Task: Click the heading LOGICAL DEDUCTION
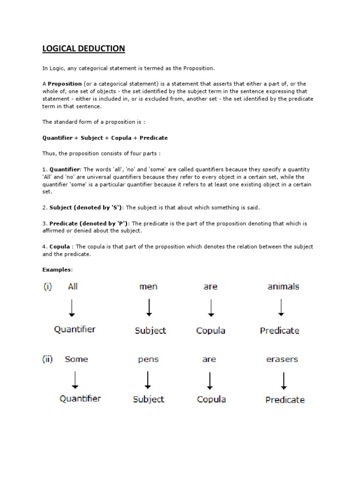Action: (x=84, y=49)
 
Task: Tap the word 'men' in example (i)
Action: (x=149, y=287)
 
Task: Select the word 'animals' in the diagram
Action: (x=283, y=286)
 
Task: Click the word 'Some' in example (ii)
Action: (x=76, y=360)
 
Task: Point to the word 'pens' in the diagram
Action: (x=148, y=360)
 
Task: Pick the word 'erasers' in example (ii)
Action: (x=282, y=360)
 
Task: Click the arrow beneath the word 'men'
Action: (x=149, y=307)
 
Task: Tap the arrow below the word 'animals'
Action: (x=280, y=307)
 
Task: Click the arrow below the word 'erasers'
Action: (x=284, y=380)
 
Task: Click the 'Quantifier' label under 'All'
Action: (x=75, y=330)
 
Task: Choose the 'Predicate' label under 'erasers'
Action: (x=285, y=400)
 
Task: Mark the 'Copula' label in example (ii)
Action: (x=211, y=399)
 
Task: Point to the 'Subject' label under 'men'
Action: (x=150, y=330)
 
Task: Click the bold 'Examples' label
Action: (x=57, y=270)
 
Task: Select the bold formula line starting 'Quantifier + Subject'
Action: (x=105, y=138)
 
